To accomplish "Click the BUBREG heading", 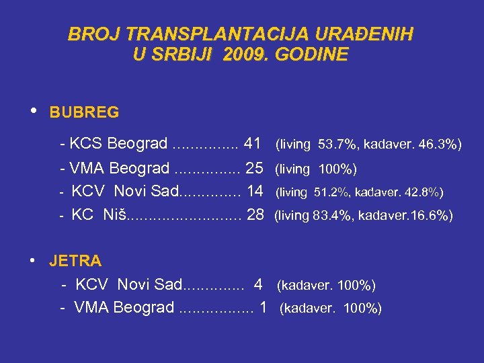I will [84, 112].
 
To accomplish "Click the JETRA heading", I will [75, 260].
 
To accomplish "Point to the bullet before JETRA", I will [33, 259].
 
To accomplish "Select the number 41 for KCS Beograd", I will [253, 143].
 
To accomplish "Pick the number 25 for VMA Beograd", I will [255, 167].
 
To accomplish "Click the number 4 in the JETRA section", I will [258, 284].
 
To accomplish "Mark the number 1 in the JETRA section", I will [264, 307].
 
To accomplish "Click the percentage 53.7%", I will [334, 144].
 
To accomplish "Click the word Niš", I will [114, 214].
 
